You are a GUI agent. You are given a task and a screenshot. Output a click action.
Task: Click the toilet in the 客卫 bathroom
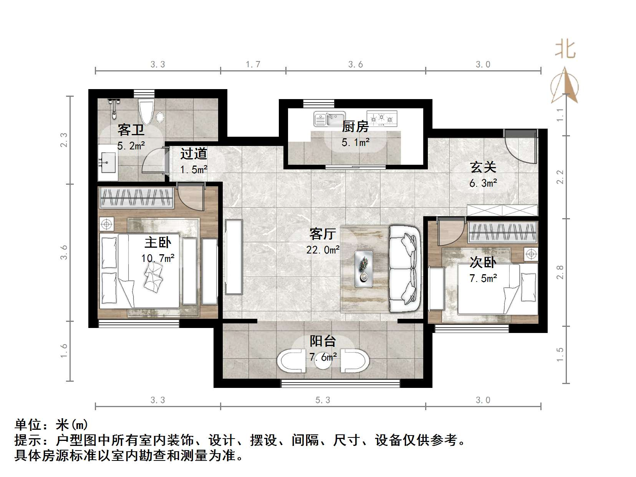click(x=146, y=113)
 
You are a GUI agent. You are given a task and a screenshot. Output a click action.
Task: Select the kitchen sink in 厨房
click(x=329, y=119)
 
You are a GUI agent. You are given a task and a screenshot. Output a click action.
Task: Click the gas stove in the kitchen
click(x=382, y=118)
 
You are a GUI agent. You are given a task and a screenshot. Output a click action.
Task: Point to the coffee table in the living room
click(x=364, y=269)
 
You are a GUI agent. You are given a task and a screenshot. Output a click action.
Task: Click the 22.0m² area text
click(x=323, y=250)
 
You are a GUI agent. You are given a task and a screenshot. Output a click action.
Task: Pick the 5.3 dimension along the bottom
click(x=323, y=400)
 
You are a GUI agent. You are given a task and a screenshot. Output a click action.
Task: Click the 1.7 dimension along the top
click(x=253, y=64)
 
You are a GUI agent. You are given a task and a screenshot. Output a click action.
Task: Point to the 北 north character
click(x=565, y=50)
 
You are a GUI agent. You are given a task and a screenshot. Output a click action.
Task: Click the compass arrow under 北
click(x=565, y=85)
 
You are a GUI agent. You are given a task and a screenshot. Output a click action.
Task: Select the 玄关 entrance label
click(x=483, y=167)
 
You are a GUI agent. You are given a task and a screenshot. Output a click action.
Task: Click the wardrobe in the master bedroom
click(x=136, y=197)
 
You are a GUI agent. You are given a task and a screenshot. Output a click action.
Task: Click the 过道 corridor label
click(x=194, y=154)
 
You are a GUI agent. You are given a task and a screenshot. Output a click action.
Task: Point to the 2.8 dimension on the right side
click(x=560, y=272)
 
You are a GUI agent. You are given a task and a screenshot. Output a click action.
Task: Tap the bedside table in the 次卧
click(x=531, y=254)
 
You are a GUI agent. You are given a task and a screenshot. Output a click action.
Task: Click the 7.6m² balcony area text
click(x=323, y=357)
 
